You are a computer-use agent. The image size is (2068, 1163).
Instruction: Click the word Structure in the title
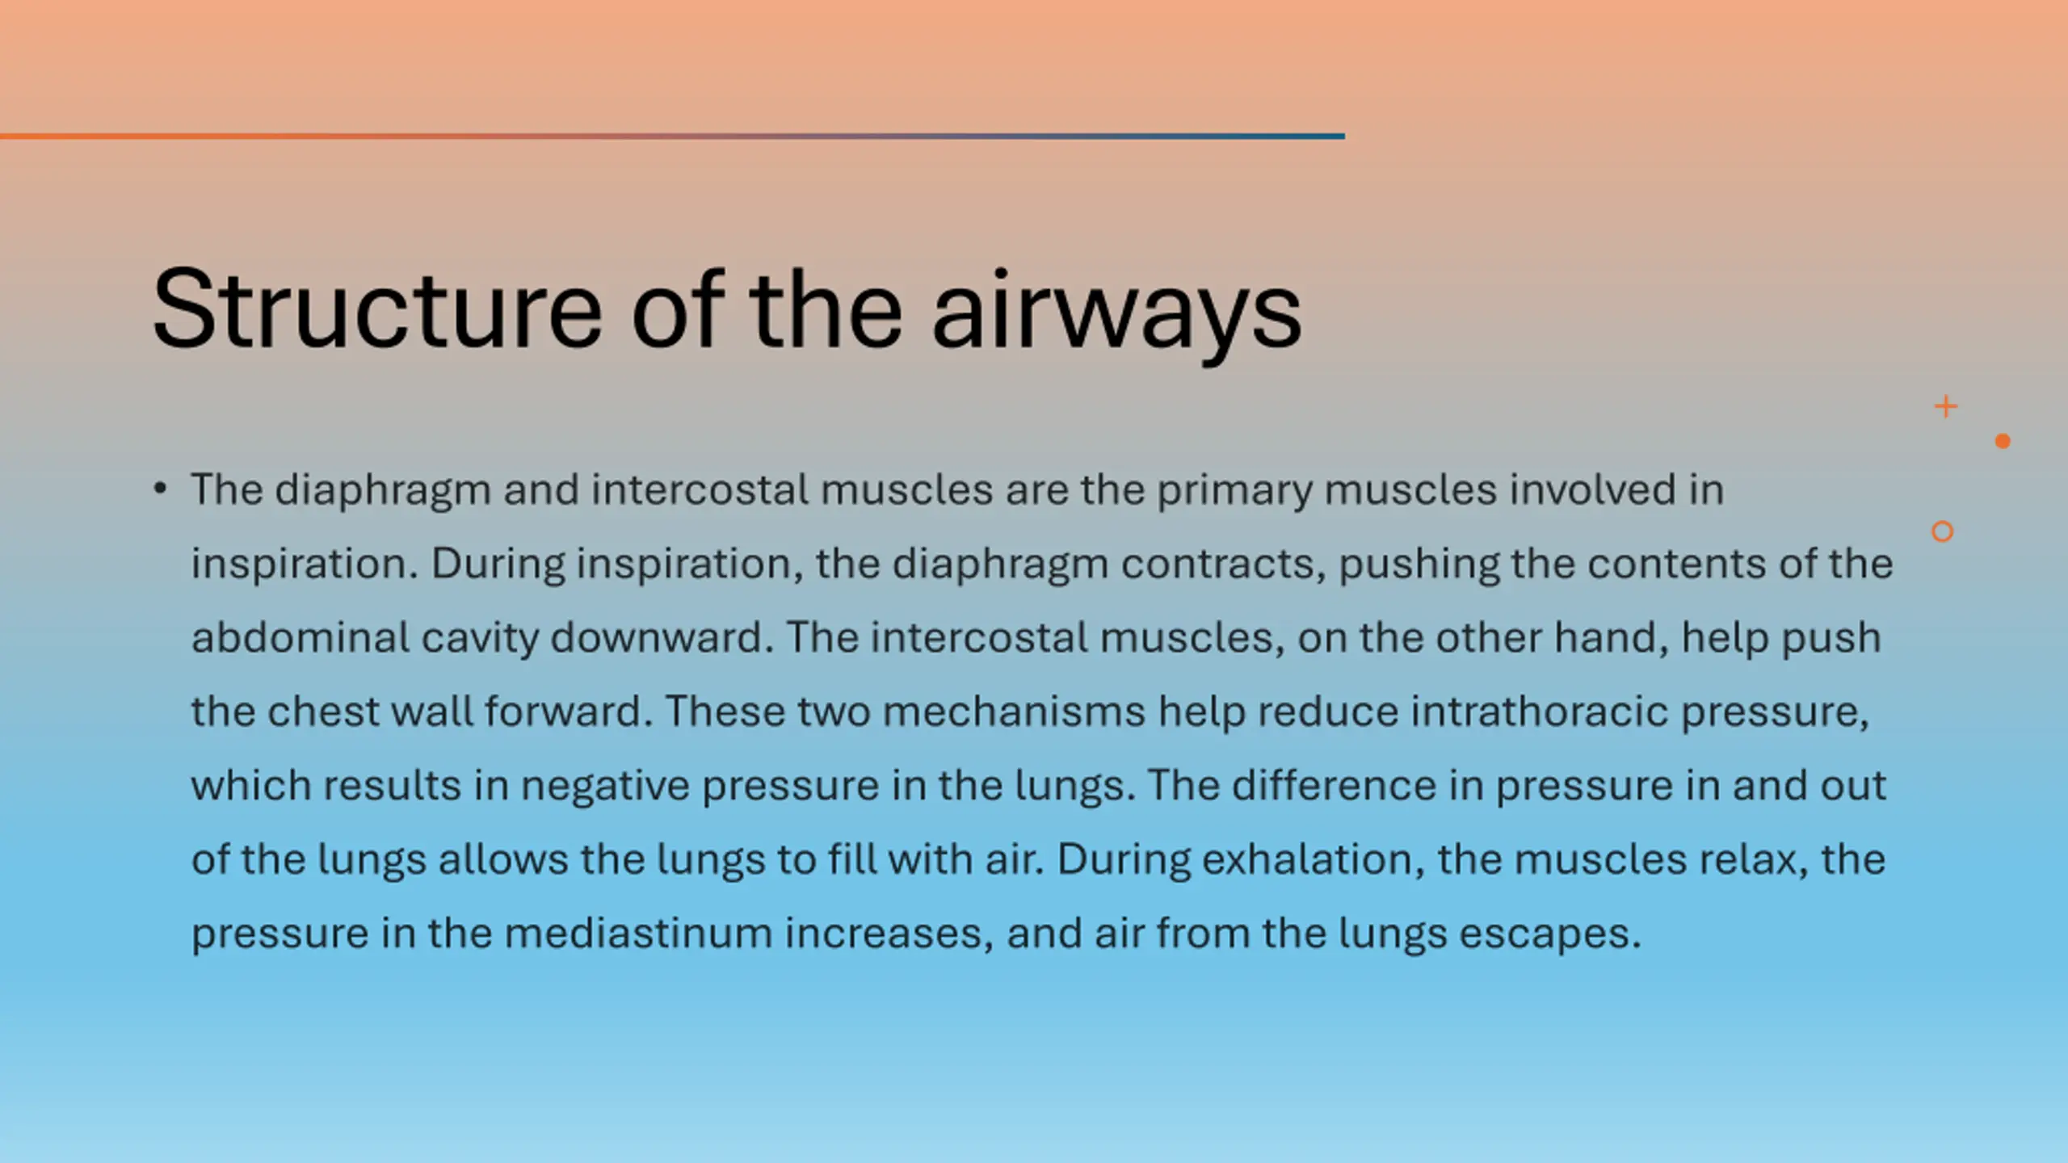click(377, 309)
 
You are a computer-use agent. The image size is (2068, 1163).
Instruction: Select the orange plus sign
click(1946, 406)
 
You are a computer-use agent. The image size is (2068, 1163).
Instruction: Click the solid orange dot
click(2003, 441)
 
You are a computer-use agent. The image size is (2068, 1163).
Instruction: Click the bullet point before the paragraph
click(160, 489)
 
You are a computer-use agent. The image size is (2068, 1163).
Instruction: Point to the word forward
click(568, 711)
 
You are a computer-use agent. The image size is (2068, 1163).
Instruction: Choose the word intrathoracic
click(1540, 711)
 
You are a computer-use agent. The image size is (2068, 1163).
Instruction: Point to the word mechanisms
click(1014, 711)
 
